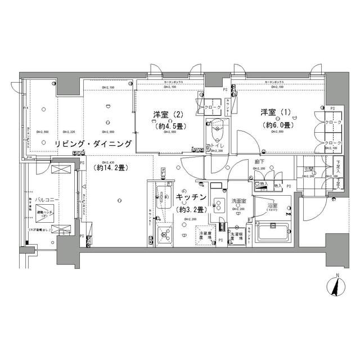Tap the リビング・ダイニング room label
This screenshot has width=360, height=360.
(x=93, y=145)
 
